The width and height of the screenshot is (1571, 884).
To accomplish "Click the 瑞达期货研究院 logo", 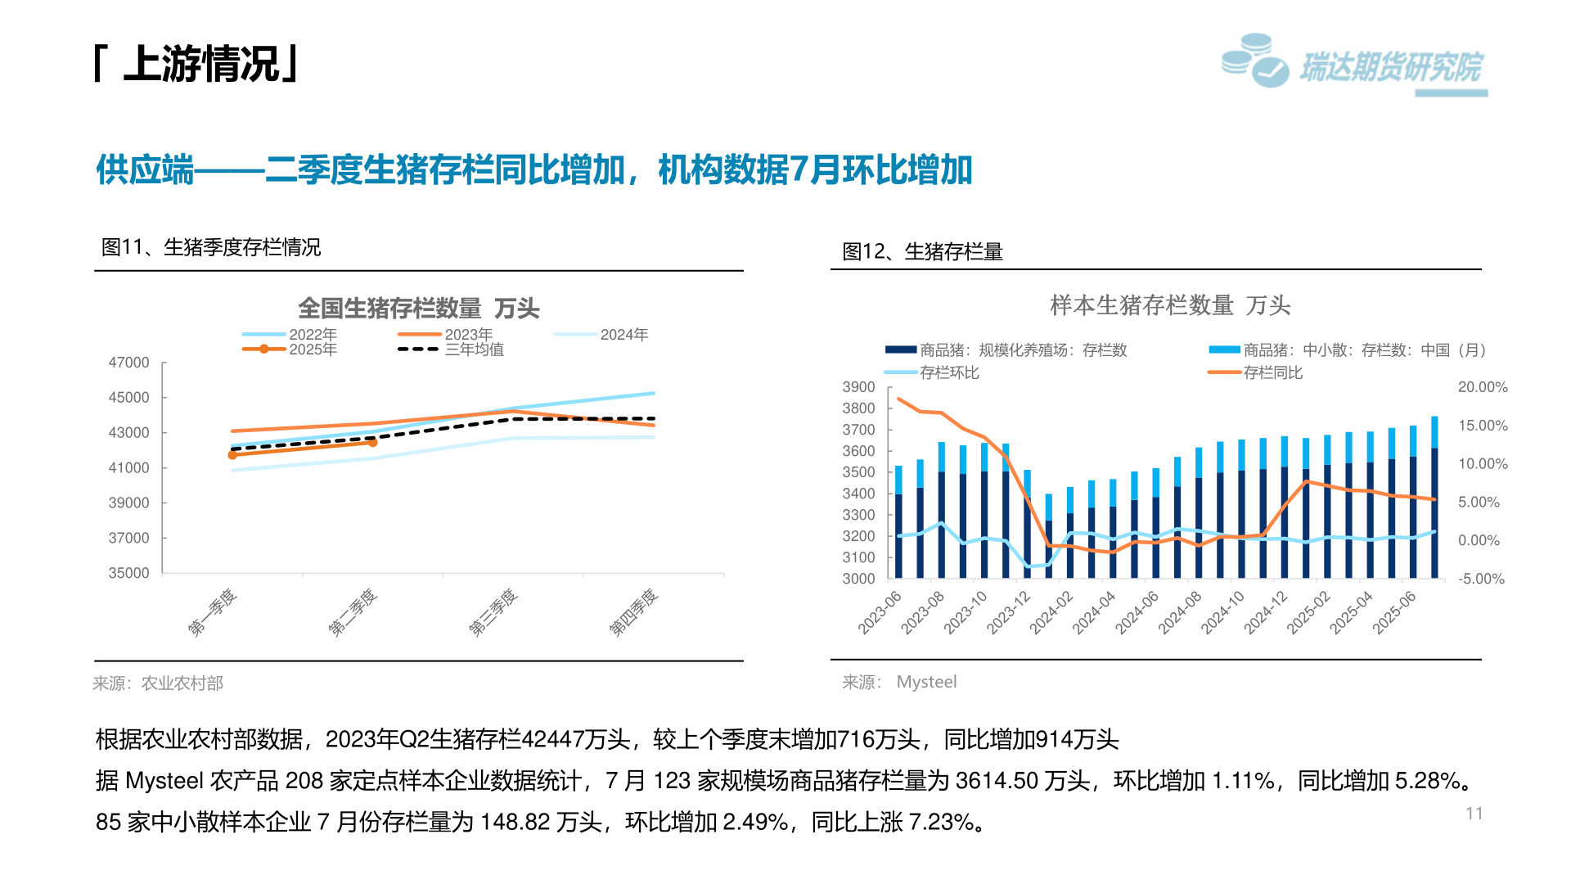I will tap(1354, 64).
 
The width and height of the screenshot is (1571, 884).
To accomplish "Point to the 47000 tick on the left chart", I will tap(129, 363).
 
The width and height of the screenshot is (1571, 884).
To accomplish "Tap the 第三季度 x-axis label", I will tap(493, 611).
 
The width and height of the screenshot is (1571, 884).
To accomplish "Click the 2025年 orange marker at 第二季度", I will tap(373, 442).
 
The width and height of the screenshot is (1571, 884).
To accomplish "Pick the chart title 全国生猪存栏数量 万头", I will tap(418, 309).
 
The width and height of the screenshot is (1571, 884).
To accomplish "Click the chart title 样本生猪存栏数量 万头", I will tap(1170, 305).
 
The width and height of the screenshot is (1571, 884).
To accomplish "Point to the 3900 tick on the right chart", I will tap(858, 387).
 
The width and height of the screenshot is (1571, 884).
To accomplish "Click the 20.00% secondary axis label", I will tap(1482, 387).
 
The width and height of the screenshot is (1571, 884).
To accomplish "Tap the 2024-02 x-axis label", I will tap(1051, 612).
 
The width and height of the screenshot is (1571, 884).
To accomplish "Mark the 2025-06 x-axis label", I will tap(1393, 612).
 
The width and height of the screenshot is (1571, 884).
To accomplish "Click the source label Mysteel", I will tap(926, 682).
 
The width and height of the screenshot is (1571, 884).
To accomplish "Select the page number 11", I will tap(1474, 814).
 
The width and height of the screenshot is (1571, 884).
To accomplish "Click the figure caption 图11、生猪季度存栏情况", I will tap(211, 247).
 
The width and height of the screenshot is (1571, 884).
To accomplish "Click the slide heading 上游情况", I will tap(200, 64).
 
